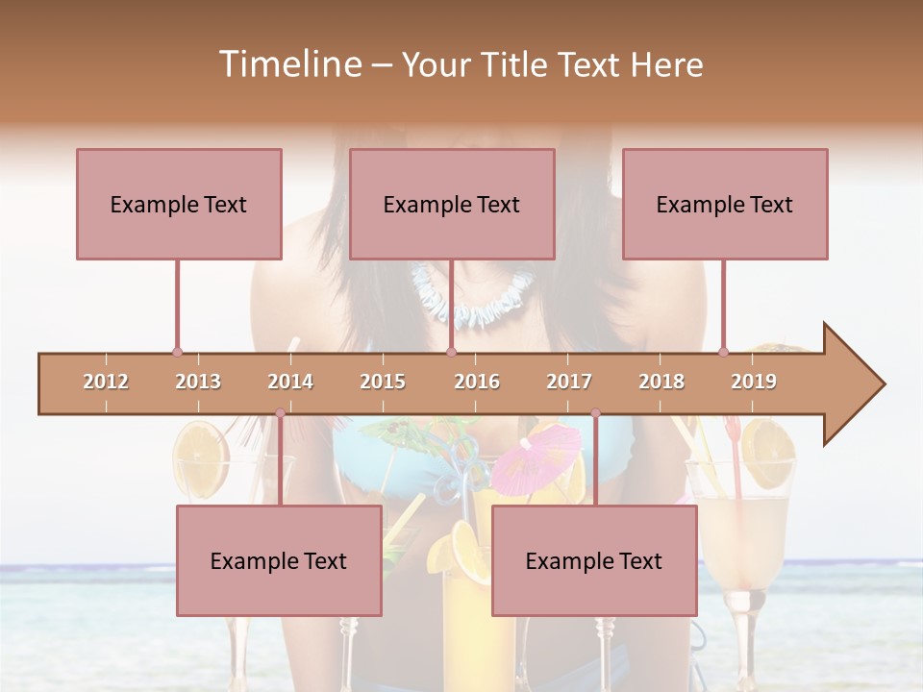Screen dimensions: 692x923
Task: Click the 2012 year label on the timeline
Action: pyautogui.click(x=106, y=383)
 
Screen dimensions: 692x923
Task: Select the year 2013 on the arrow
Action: pyautogui.click(x=198, y=383)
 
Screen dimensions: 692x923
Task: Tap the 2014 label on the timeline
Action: pyautogui.click(x=290, y=383)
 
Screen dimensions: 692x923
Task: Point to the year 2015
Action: pyautogui.click(x=383, y=383)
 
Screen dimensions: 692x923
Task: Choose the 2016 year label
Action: pyautogui.click(x=477, y=383)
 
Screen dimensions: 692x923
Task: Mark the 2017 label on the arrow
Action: pyautogui.click(x=569, y=383)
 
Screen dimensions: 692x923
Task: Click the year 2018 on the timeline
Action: pyautogui.click(x=661, y=383)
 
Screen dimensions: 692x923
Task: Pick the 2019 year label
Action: pyautogui.click(x=754, y=383)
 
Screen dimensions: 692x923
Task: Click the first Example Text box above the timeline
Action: pyautogui.click(x=179, y=204)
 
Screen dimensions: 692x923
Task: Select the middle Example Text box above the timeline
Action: pyautogui.click(x=452, y=204)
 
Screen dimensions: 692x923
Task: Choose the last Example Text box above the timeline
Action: pyautogui.click(x=725, y=204)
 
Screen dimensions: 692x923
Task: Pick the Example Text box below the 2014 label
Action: pyautogui.click(x=279, y=560)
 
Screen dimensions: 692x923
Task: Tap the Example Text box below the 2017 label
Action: pyautogui.click(x=594, y=560)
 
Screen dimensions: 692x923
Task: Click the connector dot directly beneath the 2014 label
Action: pyautogui.click(x=280, y=413)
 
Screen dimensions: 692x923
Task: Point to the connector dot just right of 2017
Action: pyautogui.click(x=595, y=413)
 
